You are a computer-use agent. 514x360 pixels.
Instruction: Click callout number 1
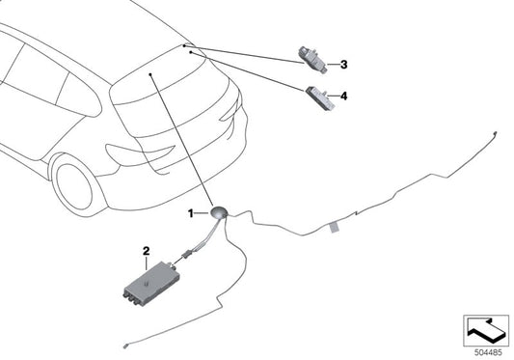[191, 212]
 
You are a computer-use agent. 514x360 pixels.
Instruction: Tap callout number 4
[343, 97]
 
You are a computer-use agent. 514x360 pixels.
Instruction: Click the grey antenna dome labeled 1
[220, 213]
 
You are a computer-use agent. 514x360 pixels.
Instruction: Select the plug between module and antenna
[180, 257]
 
